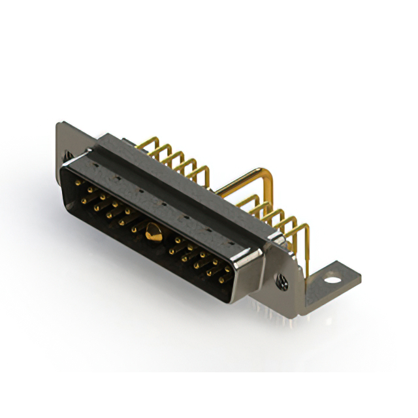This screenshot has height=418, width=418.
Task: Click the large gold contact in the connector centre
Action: point(153,230)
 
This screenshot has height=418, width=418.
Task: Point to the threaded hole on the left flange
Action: point(67,155)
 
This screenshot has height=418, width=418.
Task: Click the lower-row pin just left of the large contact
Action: point(133,230)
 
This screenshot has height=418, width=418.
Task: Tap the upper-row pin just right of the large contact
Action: point(177,240)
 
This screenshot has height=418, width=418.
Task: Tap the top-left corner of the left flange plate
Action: point(59,125)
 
